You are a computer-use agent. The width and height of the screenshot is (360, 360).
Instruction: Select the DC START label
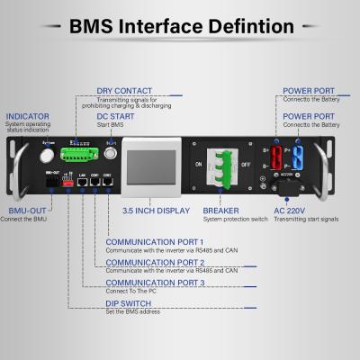click(116, 116)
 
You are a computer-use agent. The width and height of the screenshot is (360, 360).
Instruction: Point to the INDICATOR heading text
click(27, 117)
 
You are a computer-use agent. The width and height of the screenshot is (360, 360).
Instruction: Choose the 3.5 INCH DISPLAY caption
click(156, 210)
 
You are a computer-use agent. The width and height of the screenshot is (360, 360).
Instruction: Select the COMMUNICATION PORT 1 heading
click(154, 241)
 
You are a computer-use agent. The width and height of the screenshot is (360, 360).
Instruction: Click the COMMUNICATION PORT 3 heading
click(155, 283)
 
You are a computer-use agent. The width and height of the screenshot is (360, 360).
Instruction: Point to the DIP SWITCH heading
click(130, 303)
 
